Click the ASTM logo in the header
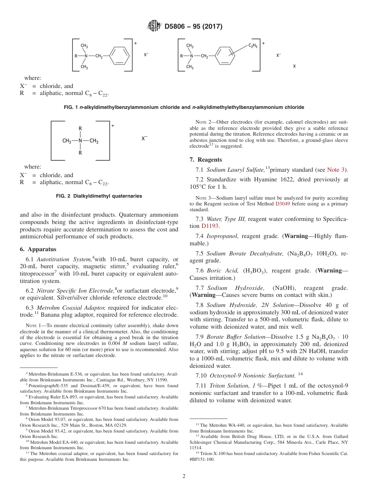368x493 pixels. click(155, 26)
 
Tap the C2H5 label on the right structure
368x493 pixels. click(254, 46)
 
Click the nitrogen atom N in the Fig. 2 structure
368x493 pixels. click(80, 141)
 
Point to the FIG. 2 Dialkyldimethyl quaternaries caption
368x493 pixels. click(99, 196)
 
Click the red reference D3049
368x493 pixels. click(282, 204)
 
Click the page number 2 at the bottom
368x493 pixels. click(184, 476)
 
